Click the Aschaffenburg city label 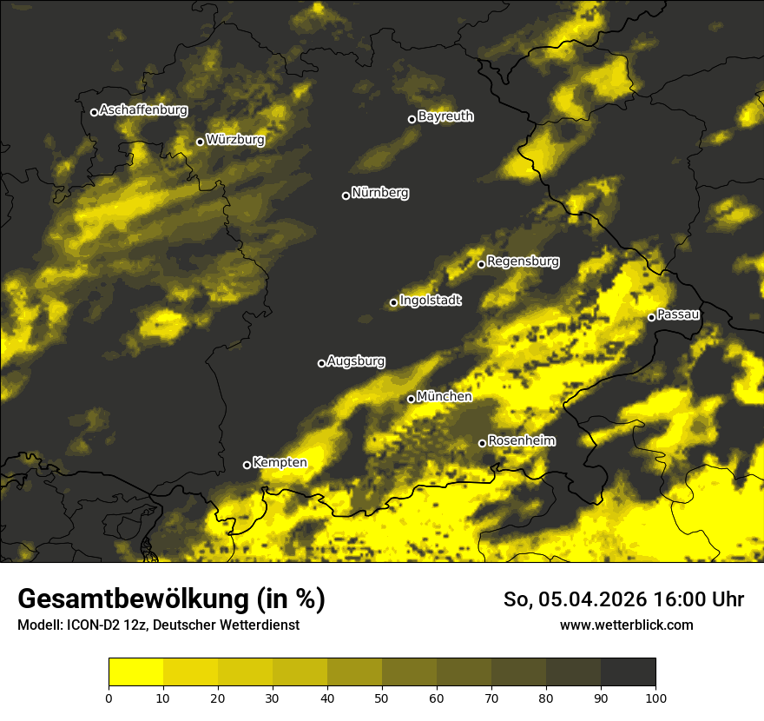click(x=143, y=110)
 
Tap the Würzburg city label click(x=235, y=140)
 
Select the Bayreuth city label click(x=445, y=116)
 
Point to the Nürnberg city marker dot click(x=346, y=195)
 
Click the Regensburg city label click(x=523, y=261)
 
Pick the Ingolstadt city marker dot click(x=393, y=302)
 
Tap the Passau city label click(x=678, y=314)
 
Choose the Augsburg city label click(x=356, y=361)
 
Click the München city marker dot click(x=412, y=399)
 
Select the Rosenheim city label click(x=521, y=441)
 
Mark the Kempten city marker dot click(x=247, y=465)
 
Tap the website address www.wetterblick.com click(x=627, y=625)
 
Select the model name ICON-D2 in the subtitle click(x=91, y=625)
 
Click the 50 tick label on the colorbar click(x=382, y=697)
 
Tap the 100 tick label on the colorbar click(x=655, y=697)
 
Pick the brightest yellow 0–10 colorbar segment click(x=135, y=672)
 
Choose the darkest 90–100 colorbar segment click(x=628, y=672)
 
